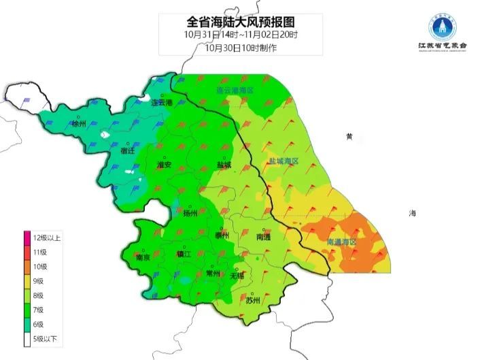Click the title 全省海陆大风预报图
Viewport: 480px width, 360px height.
pos(230,21)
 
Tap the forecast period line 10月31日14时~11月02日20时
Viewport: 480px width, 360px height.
pos(230,34)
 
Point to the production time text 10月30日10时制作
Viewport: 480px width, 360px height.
pos(230,47)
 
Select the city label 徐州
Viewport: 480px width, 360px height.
pos(79,124)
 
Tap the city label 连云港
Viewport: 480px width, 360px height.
pos(162,103)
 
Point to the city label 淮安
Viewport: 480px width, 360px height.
pos(164,165)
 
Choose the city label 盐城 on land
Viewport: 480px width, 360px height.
pos(224,165)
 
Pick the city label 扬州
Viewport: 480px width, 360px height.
pos(190,214)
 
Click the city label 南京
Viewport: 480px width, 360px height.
pos(143,258)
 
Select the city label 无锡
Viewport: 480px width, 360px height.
pos(237,276)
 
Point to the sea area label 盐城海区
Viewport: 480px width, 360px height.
pos(284,161)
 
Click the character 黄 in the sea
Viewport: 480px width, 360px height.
pos(349,137)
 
